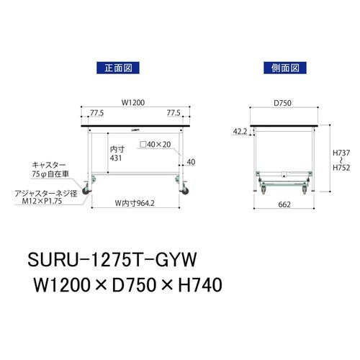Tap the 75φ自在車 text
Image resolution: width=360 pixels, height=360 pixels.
(53, 174)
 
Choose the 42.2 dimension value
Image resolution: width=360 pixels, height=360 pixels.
(240, 131)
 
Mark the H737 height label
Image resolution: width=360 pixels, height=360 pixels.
(341, 153)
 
